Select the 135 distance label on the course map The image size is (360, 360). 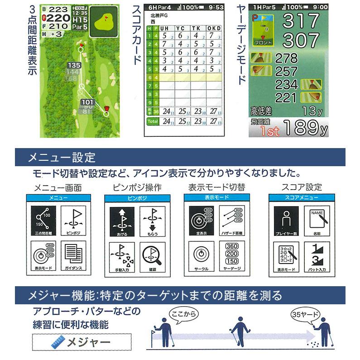coord(75,65)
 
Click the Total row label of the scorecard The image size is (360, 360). coord(152,121)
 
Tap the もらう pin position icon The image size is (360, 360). coord(153,221)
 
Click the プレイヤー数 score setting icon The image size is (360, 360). coord(286,221)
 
